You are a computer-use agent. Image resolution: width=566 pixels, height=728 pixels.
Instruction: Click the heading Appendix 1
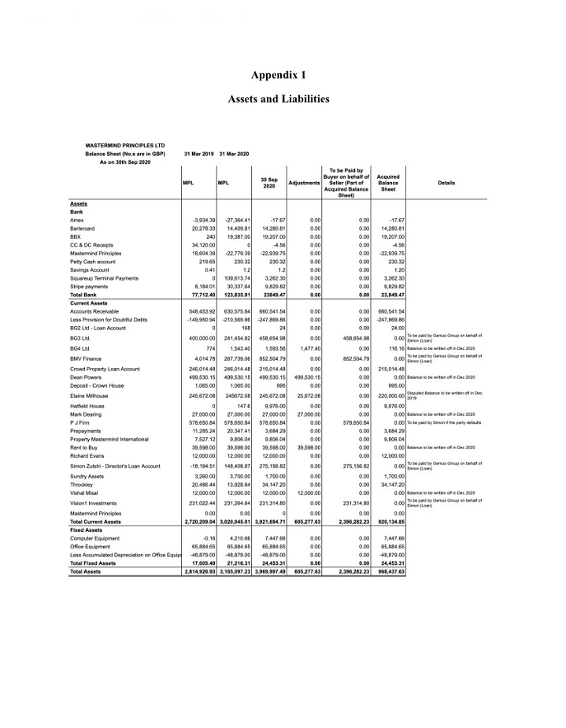pyautogui.click(x=278, y=75)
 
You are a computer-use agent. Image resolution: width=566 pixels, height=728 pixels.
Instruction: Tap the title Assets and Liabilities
pyautogui.click(x=278, y=99)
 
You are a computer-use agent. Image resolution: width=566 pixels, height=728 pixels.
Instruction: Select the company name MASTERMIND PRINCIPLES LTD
pyautogui.click(x=125, y=145)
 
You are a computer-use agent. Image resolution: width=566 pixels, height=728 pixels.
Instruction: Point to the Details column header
pyautogui.click(x=446, y=182)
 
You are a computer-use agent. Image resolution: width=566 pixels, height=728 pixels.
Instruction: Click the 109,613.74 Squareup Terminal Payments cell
pyautogui.click(x=235, y=278)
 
